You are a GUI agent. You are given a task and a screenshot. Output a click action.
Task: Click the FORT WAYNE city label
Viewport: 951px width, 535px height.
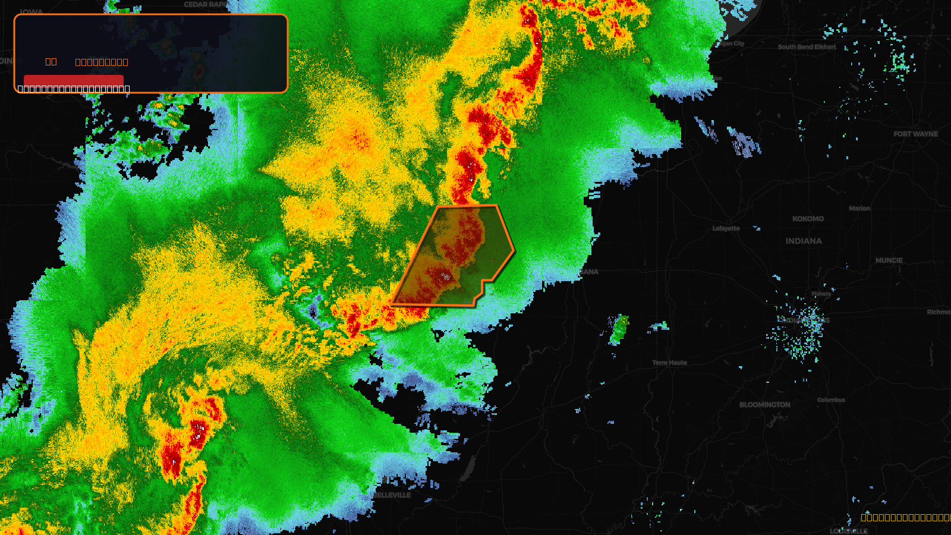coord(915,134)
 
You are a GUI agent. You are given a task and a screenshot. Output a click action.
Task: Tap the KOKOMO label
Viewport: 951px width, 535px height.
coord(808,219)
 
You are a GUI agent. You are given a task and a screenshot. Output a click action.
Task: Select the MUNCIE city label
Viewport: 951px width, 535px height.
coord(889,260)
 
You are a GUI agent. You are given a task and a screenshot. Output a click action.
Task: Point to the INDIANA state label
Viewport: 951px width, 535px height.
coord(804,241)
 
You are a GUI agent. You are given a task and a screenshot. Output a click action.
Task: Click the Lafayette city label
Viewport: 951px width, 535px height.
coord(726,228)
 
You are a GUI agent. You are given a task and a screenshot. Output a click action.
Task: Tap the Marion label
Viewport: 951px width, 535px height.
coord(859,208)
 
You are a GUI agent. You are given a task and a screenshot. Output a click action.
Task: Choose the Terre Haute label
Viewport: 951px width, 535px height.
coord(669,363)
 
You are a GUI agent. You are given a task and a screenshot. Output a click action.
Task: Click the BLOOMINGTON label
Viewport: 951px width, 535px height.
coord(764,405)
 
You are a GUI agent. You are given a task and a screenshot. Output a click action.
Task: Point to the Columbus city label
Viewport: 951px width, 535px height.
coord(830,400)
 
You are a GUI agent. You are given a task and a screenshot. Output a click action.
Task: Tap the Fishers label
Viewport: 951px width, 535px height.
coord(821,294)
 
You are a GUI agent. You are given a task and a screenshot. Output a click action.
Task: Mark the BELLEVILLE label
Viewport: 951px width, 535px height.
coord(392,495)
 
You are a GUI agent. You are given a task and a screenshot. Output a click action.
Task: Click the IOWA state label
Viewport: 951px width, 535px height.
coord(31,12)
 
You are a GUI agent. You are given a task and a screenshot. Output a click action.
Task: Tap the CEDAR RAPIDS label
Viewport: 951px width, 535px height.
coord(206,5)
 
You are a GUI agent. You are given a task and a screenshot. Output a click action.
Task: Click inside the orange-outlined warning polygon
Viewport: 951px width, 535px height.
coord(458,256)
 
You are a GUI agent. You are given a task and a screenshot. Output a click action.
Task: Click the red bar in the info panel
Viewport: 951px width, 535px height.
coord(73,80)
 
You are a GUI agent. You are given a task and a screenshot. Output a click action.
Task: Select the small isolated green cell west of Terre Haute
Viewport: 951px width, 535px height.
coord(619,329)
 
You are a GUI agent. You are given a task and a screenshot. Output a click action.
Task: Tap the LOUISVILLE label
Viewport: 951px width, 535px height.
coord(848,531)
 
